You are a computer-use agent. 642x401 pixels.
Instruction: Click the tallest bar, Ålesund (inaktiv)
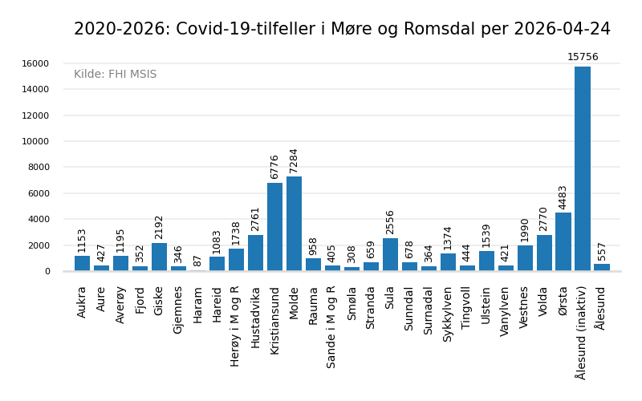[583, 168]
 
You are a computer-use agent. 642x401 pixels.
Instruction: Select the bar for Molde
[294, 224]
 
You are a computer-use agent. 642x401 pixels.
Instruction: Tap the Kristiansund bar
[274, 227]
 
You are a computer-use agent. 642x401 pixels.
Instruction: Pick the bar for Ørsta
[563, 241]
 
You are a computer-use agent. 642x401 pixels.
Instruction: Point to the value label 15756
[583, 57]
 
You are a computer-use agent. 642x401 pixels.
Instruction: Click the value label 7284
[294, 160]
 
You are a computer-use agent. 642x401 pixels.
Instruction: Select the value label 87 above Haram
[197, 261]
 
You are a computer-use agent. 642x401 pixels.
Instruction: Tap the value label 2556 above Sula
[390, 222]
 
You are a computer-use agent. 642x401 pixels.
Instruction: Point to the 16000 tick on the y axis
[35, 63]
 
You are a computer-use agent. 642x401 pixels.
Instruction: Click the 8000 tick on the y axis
[37, 168]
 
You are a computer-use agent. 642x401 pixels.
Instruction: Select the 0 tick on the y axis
[47, 271]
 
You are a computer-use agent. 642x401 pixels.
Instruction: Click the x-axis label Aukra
[82, 302]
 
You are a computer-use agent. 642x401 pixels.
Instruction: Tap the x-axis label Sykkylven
[448, 314]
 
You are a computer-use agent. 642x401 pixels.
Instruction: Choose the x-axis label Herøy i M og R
[236, 326]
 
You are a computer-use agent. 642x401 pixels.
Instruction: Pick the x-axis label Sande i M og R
[332, 326]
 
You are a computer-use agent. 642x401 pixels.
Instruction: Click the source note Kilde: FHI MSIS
[115, 75]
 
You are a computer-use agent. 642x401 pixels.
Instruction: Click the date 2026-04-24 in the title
[557, 30]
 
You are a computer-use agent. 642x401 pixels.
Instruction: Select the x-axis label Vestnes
[525, 307]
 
